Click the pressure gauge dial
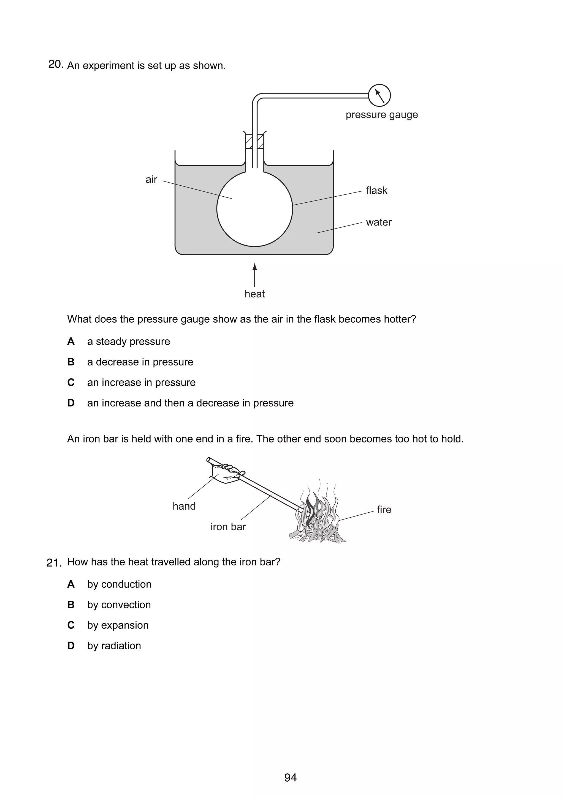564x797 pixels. pyautogui.click(x=379, y=95)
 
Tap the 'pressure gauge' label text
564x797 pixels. pyautogui.click(x=382, y=115)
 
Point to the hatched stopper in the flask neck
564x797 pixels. pyautogui.click(x=255, y=142)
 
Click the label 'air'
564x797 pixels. pyautogui.click(x=151, y=180)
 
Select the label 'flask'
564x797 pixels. pyautogui.click(x=376, y=190)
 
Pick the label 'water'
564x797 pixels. pyautogui.click(x=378, y=222)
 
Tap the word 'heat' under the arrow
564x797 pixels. pyautogui.click(x=254, y=294)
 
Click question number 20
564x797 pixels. pyautogui.click(x=56, y=65)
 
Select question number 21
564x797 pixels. pyautogui.click(x=54, y=563)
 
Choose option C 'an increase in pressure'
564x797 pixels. pyautogui.click(x=141, y=383)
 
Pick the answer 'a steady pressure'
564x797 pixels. pyautogui.click(x=129, y=342)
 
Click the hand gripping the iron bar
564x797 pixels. pyautogui.click(x=226, y=473)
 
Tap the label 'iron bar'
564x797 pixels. pyautogui.click(x=228, y=527)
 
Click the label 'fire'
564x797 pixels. pyautogui.click(x=384, y=510)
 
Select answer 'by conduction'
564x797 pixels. pyautogui.click(x=119, y=585)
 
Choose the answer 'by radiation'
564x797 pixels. pyautogui.click(x=114, y=646)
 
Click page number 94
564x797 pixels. pyautogui.click(x=290, y=777)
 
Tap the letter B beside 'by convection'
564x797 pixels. pyautogui.click(x=71, y=605)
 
